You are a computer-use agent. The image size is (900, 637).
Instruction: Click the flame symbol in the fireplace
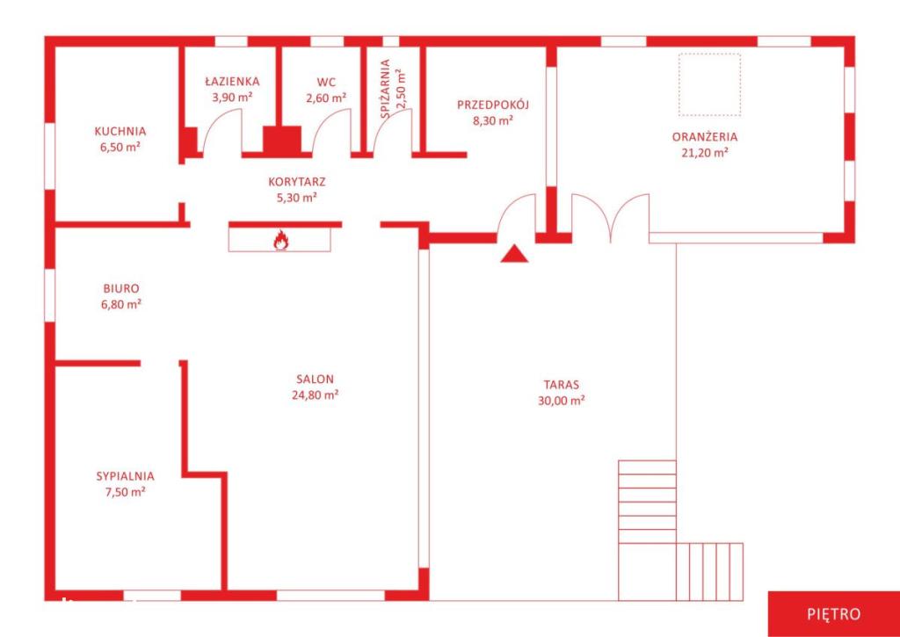point(280,240)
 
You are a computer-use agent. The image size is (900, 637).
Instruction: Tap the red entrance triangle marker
point(514,254)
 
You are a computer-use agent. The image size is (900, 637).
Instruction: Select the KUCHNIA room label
point(120,132)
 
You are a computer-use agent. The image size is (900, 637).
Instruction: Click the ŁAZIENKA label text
point(232,82)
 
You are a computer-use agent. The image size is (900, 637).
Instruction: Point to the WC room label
point(326,82)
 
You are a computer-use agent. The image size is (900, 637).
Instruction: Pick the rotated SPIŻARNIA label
point(386,89)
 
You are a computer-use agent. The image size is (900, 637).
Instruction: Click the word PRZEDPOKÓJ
point(492,105)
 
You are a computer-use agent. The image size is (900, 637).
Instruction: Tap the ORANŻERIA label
point(705,137)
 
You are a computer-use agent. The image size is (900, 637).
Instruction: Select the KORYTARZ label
point(297,182)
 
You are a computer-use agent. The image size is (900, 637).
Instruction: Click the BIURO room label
point(120,289)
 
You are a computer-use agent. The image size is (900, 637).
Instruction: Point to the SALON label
point(316,380)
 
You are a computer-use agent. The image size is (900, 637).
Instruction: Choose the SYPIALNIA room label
point(125,476)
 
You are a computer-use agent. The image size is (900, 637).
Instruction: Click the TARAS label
point(562,385)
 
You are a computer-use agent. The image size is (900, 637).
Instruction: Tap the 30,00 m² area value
point(562,402)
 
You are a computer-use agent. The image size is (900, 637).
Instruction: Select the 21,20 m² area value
point(705,153)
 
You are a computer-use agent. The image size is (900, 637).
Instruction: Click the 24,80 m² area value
point(316,395)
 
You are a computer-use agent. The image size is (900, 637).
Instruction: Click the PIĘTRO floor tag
point(834,614)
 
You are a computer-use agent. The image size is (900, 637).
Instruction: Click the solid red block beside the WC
point(282,140)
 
